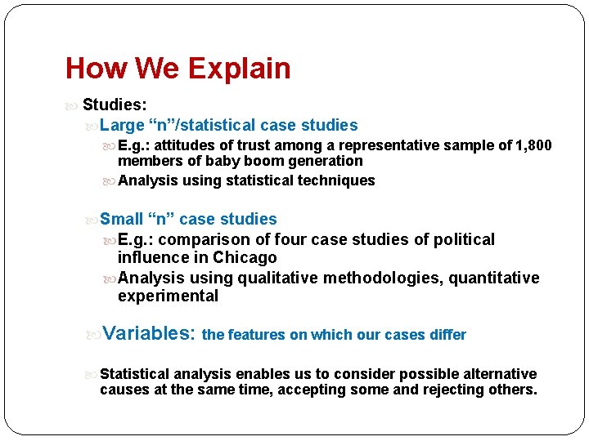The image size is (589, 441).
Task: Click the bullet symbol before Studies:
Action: [71, 105]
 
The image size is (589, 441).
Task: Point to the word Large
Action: [122, 125]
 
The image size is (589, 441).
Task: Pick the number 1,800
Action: [533, 145]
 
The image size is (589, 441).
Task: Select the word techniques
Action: [336, 180]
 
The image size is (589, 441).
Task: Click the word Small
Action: [121, 219]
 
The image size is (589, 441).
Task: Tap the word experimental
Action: [168, 296]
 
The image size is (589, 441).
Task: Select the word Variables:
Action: [150, 333]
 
